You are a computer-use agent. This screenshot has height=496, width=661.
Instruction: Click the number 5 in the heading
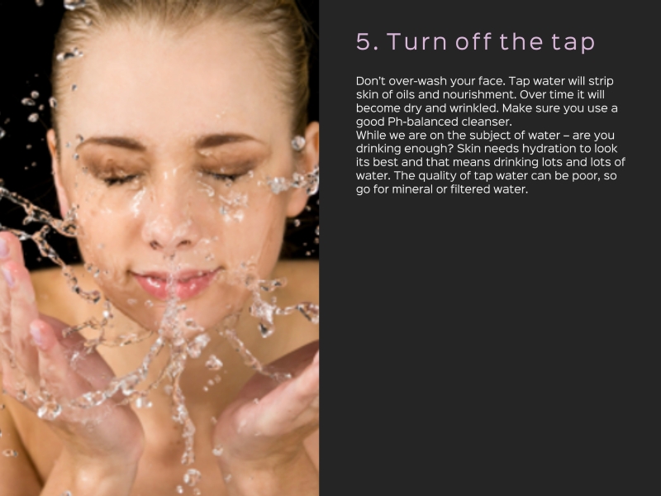[x=364, y=42]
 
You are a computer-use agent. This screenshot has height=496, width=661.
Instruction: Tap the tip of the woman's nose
[x=169, y=236]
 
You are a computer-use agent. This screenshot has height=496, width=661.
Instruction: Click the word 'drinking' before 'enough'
[x=378, y=149]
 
